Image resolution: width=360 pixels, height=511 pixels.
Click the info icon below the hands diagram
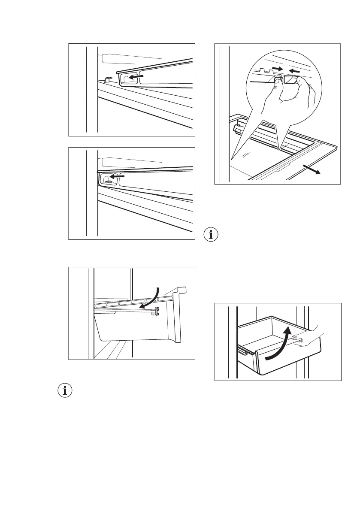212,235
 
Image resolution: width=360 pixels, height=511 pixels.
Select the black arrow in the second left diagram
118,176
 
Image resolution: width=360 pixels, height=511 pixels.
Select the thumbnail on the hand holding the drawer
295,339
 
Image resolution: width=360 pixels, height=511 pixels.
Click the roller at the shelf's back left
236,129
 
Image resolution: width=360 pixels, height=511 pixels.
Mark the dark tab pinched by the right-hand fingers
291,79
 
